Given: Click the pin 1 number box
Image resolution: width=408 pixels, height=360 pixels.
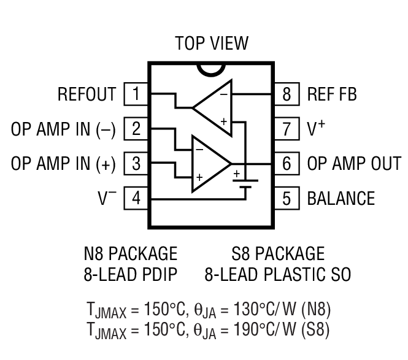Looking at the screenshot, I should pyautogui.click(x=136, y=94).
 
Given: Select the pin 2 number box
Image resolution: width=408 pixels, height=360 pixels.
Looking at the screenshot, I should pyautogui.click(x=136, y=129).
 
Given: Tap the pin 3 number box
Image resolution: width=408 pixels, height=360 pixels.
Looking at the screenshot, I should pyautogui.click(x=136, y=164).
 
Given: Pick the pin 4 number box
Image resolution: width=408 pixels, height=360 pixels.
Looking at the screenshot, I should pyautogui.click(x=136, y=199).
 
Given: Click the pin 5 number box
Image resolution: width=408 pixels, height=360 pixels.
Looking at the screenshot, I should pyautogui.click(x=287, y=199).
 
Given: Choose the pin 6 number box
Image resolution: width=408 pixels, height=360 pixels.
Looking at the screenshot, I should pyautogui.click(x=287, y=164).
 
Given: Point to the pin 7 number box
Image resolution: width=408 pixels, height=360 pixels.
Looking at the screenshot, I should pyautogui.click(x=287, y=129).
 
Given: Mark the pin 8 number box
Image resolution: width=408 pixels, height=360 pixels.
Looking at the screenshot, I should pyautogui.click(x=287, y=94).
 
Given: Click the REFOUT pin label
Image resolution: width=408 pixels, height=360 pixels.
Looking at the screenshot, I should pyautogui.click(x=87, y=94).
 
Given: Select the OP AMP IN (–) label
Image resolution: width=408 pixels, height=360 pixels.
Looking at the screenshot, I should pyautogui.click(x=63, y=129).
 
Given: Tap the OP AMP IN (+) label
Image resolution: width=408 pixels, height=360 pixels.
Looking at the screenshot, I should pyautogui.click(x=63, y=164).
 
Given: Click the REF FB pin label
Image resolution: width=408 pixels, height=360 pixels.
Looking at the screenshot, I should pyautogui.click(x=332, y=94).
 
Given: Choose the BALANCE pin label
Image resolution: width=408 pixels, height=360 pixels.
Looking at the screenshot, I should pyautogui.click(x=341, y=199).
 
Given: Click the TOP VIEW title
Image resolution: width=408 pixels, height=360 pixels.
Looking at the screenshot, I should pyautogui.click(x=212, y=44).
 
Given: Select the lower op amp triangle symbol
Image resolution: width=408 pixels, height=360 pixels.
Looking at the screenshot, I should pyautogui.click(x=209, y=164).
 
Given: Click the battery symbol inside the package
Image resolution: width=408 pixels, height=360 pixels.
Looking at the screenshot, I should pyautogui.click(x=245, y=182).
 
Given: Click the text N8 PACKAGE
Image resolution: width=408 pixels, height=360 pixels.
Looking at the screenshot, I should pyautogui.click(x=130, y=253).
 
